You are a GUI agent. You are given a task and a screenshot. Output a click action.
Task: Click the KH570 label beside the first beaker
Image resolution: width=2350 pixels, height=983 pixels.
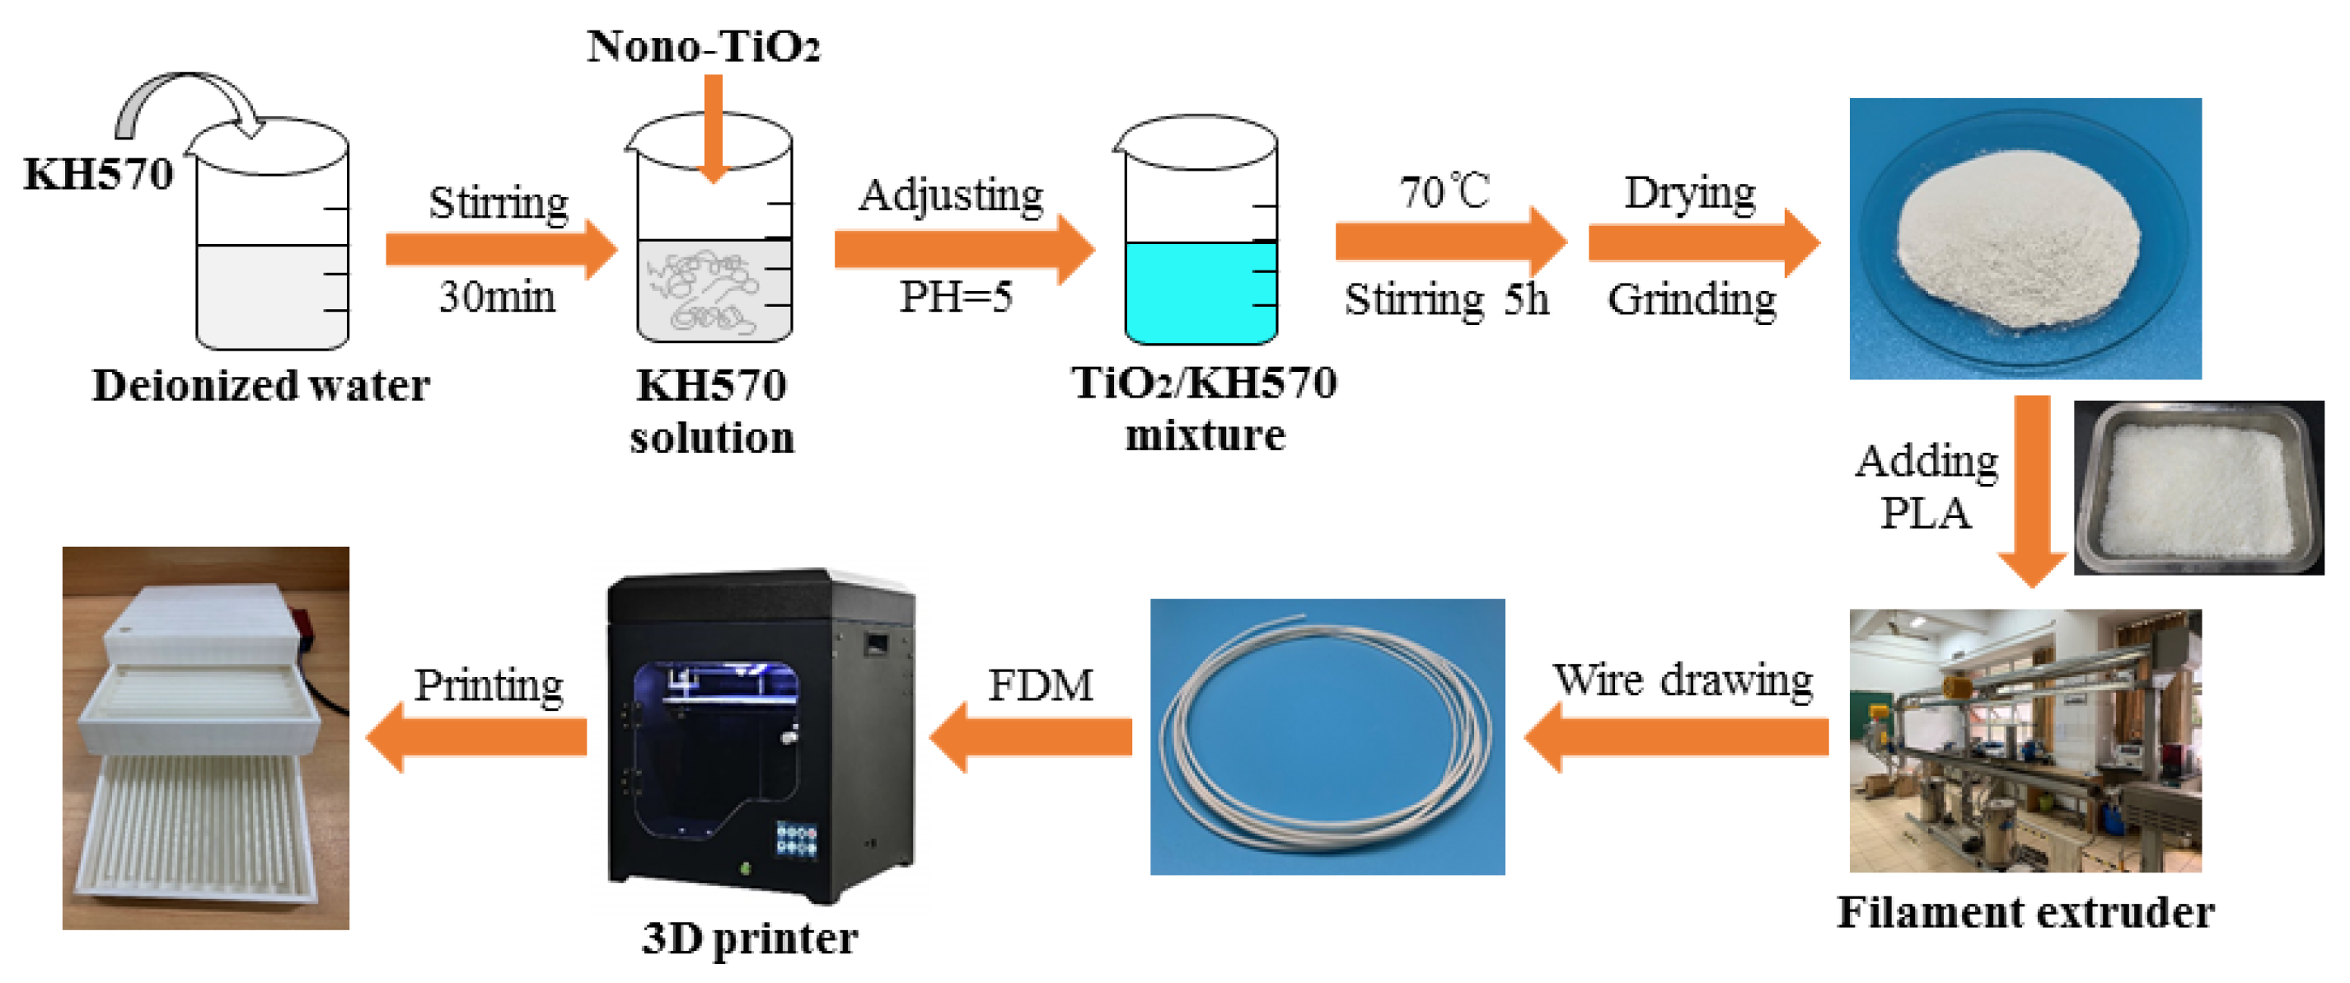pos(97,173)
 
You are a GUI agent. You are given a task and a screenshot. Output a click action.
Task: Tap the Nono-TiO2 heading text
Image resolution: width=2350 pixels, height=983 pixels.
pos(702,45)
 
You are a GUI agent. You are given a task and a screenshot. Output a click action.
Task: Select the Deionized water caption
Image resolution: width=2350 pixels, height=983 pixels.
pos(261,385)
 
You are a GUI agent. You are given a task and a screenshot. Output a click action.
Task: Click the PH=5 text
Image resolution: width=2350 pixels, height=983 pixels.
pos(955,297)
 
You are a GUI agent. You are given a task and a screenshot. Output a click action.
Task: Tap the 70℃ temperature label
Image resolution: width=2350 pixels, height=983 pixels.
pos(1444,191)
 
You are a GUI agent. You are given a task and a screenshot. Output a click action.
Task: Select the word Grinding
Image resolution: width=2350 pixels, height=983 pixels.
pos(1692,299)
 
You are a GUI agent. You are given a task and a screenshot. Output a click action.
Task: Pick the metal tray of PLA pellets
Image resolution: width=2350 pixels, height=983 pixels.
pos(2198,487)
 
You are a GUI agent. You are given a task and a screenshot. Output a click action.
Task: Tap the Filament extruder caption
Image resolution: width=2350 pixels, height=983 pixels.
pos(2025,912)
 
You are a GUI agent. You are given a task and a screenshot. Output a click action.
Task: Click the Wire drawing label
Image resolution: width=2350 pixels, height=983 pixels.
pos(1683,680)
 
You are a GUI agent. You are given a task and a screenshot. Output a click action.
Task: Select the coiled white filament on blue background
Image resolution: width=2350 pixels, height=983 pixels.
pos(1327,736)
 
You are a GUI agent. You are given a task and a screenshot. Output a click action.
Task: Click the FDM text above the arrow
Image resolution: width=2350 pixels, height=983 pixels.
pos(1040,684)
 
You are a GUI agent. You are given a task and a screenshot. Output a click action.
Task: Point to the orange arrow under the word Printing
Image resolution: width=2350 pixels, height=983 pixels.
pos(479,736)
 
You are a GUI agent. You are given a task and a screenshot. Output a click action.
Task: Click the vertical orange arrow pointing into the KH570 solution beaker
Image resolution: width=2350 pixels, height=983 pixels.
pos(714,128)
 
